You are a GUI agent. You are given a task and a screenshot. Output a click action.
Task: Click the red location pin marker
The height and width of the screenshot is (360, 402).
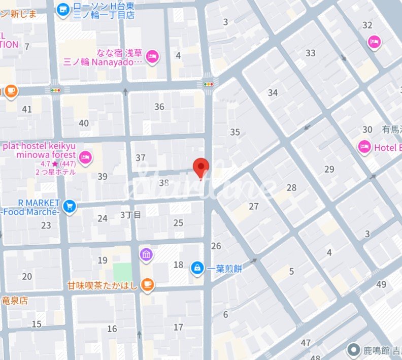[202, 168]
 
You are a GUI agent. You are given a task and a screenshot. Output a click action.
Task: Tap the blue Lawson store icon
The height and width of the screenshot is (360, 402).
[63, 9]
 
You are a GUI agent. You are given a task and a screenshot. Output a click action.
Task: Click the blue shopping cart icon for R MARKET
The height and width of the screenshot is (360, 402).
[70, 206]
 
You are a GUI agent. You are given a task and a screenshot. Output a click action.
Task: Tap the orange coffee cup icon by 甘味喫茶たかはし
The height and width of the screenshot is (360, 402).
[147, 285]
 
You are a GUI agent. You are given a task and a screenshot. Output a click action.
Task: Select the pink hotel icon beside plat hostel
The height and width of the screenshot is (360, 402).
[86, 158]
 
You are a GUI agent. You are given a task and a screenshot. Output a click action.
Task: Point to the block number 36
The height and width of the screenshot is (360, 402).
[159, 107]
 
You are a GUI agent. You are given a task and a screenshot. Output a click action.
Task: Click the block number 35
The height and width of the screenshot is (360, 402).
[234, 133]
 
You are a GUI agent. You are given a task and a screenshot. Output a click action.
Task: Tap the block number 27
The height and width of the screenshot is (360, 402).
[254, 206]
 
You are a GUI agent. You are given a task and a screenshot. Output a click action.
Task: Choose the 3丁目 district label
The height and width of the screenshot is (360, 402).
[130, 215]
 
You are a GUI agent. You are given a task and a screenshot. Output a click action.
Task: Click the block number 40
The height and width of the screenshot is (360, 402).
[84, 123]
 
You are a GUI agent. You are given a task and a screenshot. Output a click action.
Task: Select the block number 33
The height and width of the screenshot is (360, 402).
[311, 53]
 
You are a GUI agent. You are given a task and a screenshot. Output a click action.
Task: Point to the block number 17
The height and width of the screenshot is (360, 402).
[178, 327]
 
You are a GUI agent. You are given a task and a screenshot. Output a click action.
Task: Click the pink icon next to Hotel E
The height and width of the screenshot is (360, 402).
[364, 147]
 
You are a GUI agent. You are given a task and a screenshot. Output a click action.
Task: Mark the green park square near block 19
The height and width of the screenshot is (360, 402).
[122, 272]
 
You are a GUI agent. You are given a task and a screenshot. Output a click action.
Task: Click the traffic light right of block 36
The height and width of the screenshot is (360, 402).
[208, 84]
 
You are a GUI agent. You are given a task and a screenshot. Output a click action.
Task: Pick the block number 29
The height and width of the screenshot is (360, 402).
[329, 169]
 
